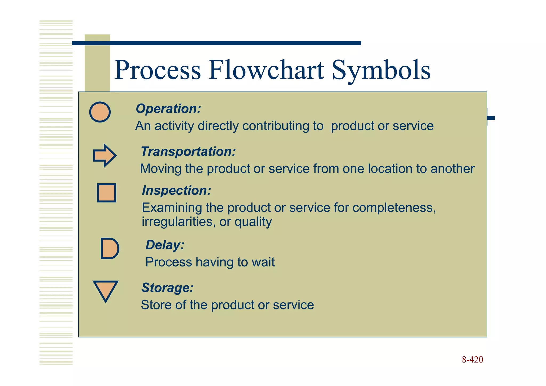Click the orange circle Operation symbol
click(100, 112)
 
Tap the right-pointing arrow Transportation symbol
click(104, 156)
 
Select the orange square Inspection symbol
click(106, 193)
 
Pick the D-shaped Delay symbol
click(109, 248)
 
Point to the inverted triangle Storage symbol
click(105, 290)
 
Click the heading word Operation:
click(168, 109)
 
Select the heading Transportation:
click(188, 152)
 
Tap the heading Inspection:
click(176, 190)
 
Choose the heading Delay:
click(165, 245)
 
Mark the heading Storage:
click(167, 288)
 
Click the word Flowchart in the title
click(266, 70)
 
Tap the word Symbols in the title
click(381, 70)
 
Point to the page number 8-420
click(472, 360)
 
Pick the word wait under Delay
click(263, 262)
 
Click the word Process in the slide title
click(158, 70)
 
